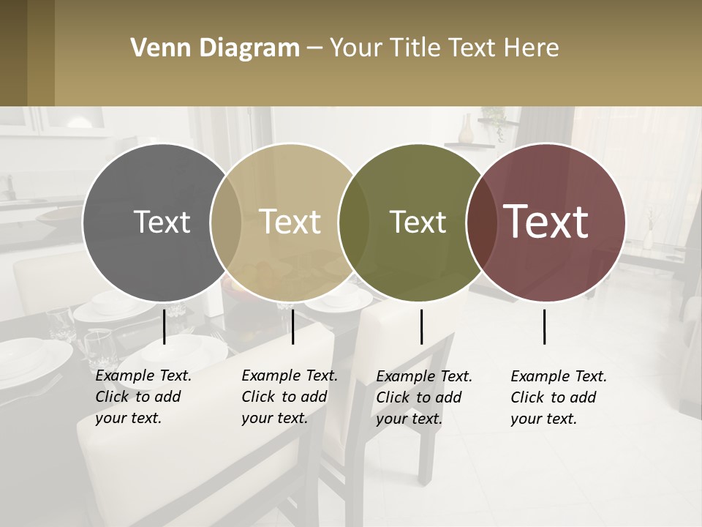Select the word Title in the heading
(x=415, y=48)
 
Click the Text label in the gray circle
(x=162, y=223)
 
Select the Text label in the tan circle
(x=290, y=223)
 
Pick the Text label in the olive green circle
(x=418, y=223)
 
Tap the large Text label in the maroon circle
(x=546, y=222)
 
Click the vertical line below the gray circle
(x=165, y=326)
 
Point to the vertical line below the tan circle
(x=292, y=326)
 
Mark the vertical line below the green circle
(x=421, y=326)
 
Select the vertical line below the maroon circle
(x=545, y=326)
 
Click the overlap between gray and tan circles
(x=225, y=223)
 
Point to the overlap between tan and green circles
(x=354, y=223)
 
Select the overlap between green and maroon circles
(x=480, y=223)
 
